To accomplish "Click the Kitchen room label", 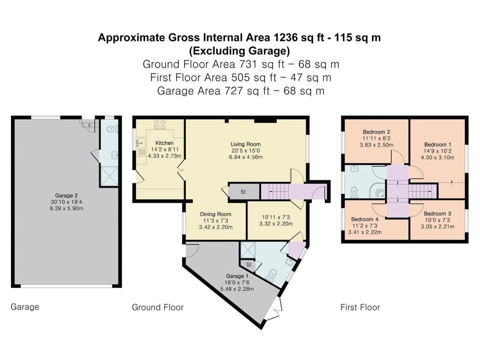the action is (165, 143).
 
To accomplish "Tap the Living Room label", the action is (245, 144).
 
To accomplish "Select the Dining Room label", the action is (215, 214).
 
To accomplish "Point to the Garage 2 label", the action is (66, 195).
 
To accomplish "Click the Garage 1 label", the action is (237, 276).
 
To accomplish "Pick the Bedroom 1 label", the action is (437, 144).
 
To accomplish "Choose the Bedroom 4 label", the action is (365, 219).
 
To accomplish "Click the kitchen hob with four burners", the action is (160, 124).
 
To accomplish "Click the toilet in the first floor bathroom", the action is (354, 192).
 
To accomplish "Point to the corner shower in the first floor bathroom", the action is (377, 191).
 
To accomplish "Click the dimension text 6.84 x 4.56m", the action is (246, 157).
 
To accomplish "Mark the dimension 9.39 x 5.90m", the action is (66, 208).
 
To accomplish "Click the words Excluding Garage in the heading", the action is (239, 51).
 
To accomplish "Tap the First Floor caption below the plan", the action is (360, 307).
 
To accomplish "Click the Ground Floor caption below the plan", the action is (158, 307).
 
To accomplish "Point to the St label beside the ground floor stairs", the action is (243, 192).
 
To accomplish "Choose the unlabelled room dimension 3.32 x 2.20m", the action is (276, 224).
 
